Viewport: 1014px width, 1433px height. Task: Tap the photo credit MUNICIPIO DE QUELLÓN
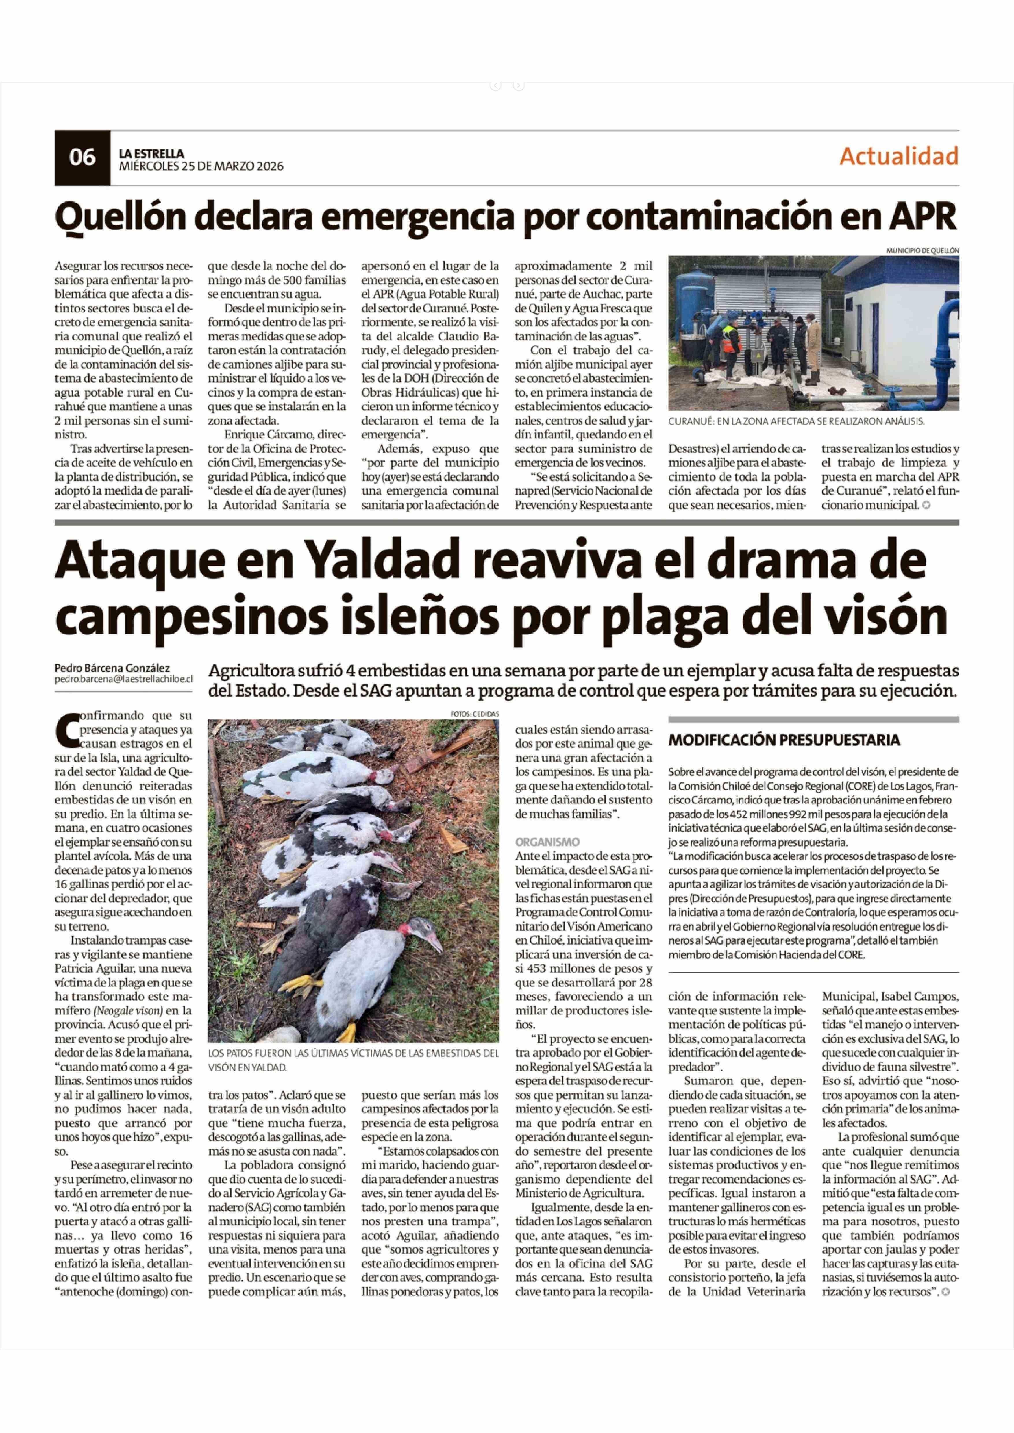coord(922,250)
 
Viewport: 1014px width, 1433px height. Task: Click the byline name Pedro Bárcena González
coord(112,668)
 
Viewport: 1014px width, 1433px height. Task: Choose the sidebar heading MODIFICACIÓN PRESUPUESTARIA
coord(784,740)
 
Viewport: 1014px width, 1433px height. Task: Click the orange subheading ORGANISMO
coord(547,842)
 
